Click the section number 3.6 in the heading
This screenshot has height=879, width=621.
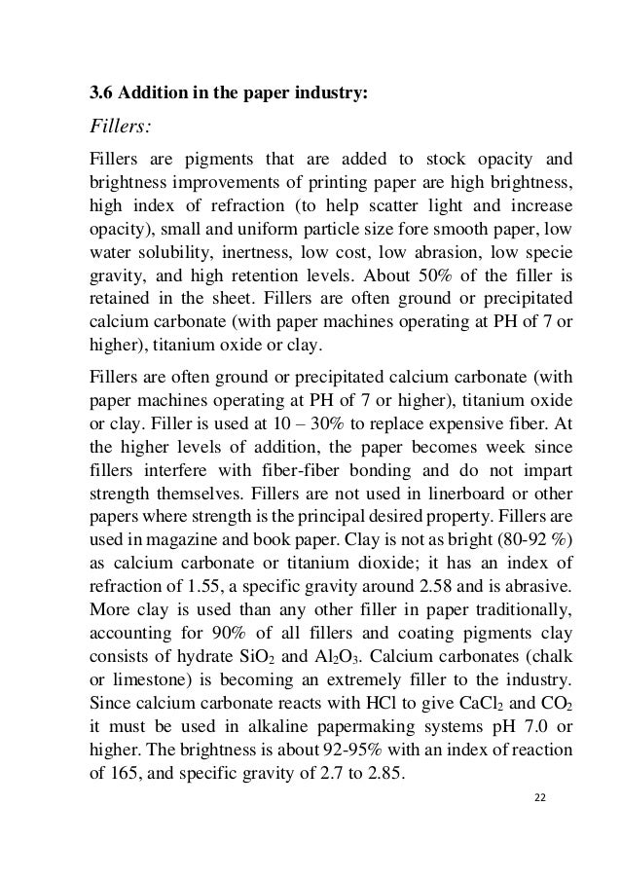tap(100, 94)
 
